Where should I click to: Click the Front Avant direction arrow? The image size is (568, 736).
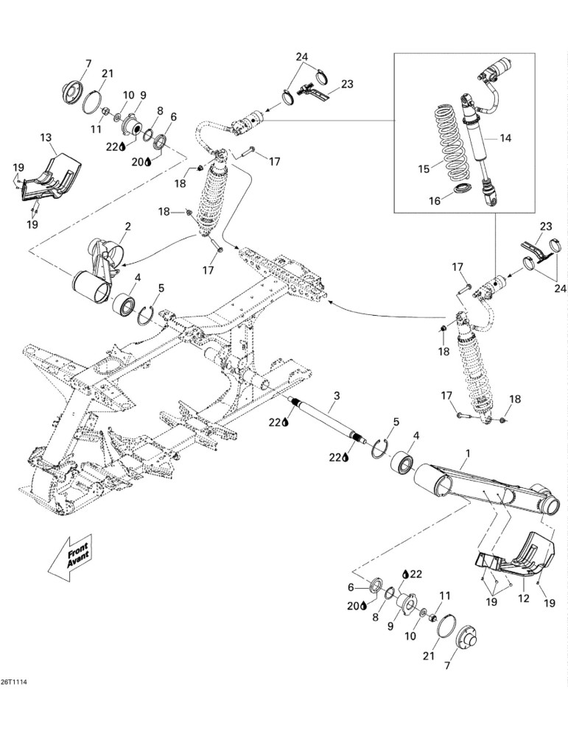point(71,558)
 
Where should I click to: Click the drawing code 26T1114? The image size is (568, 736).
point(13,681)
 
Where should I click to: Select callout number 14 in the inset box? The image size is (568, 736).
point(505,138)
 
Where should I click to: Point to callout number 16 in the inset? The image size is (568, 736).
point(435,201)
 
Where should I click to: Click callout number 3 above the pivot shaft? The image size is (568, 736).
point(337,396)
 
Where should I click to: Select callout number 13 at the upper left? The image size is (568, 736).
point(46,138)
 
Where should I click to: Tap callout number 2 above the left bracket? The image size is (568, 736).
point(127,226)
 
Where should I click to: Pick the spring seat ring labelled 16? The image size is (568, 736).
point(463,188)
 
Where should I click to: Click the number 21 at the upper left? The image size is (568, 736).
point(108,73)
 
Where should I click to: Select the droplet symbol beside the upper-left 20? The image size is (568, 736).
point(148,162)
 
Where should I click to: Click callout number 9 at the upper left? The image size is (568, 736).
point(143,95)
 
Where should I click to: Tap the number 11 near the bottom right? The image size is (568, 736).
point(445,595)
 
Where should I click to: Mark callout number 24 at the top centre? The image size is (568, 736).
point(301,57)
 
